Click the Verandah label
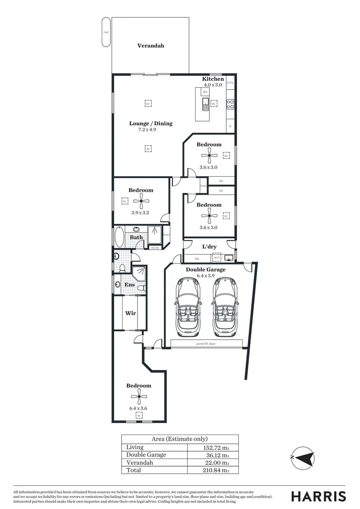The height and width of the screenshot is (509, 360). coord(151,46)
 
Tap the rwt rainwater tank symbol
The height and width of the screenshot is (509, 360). coord(106,32)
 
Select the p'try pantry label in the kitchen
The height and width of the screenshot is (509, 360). coord(230,83)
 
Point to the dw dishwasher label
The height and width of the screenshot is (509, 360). coord(205,91)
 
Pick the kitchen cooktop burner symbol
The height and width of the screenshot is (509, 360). coord(230,104)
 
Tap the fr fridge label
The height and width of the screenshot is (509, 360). coord(230,126)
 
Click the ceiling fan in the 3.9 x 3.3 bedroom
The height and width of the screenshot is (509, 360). coord(141,201)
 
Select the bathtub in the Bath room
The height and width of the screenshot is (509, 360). coord(118,237)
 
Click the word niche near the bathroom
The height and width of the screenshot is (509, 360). coord(155,247)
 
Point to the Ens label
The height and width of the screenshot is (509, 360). coord(130,285)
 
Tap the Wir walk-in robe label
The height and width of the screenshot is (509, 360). coord(131,313)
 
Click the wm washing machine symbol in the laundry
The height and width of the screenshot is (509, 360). coord(216,257)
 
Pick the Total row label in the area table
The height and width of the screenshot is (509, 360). coord(133,470)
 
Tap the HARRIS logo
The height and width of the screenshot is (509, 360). coord(318,496)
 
